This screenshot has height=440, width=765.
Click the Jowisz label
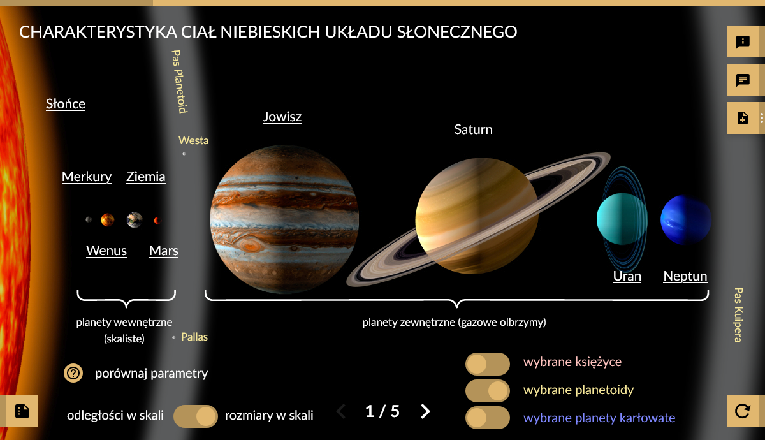pyautogui.click(x=282, y=117)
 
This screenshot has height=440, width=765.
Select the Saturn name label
pyautogui.click(x=473, y=129)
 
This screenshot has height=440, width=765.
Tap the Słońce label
pyautogui.click(x=66, y=104)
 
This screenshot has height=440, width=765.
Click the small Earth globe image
pyautogui.click(x=135, y=219)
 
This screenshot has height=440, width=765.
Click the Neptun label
pyautogui.click(x=685, y=276)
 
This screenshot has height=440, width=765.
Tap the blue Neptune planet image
pyautogui.click(x=686, y=219)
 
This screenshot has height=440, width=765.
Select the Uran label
pyautogui.click(x=627, y=276)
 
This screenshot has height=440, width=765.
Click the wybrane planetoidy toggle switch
pyautogui.click(x=487, y=390)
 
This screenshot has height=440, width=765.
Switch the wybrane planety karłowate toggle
pyautogui.click(x=487, y=418)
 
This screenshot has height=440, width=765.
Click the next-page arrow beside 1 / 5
pyautogui.click(x=425, y=411)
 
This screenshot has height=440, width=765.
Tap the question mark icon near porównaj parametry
pyautogui.click(x=73, y=373)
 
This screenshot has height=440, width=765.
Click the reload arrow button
pyautogui.click(x=743, y=411)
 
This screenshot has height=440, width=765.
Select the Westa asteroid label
pyautogui.click(x=193, y=140)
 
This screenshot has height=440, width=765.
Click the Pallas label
pyautogui.click(x=194, y=337)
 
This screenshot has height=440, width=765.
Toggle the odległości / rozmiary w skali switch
pyautogui.click(x=195, y=416)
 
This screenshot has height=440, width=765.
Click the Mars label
pyautogui.click(x=164, y=251)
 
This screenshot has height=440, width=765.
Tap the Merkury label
pyautogui.click(x=87, y=177)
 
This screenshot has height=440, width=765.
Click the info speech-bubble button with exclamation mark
pyautogui.click(x=743, y=41)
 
